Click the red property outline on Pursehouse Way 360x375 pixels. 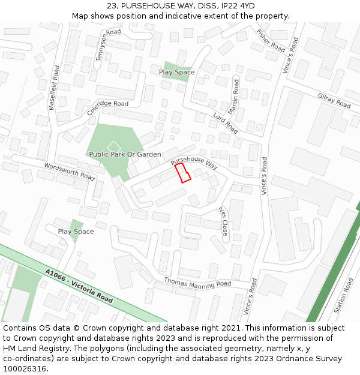[x=183, y=173]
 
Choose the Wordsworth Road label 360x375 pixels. [x=70, y=172]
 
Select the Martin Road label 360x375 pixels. [x=234, y=97]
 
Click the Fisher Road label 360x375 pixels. [x=271, y=40]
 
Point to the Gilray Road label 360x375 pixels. [x=334, y=101]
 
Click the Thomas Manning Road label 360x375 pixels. [x=197, y=282]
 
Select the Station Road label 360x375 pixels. [x=344, y=296]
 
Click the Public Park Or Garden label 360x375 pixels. [x=125, y=154]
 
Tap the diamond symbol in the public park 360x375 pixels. [x=113, y=146]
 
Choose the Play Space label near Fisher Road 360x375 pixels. [x=176, y=72]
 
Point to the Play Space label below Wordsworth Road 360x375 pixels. [x=76, y=232]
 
